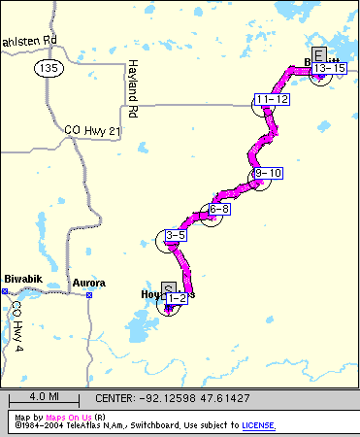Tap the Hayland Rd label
133,83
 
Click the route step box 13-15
330,68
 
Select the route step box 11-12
272,99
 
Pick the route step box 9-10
267,173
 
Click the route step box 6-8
218,209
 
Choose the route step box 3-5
176,235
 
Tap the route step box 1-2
176,299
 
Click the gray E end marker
319,54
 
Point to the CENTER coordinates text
173,398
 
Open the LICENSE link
257,425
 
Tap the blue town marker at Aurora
89,294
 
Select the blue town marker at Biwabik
6,289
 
